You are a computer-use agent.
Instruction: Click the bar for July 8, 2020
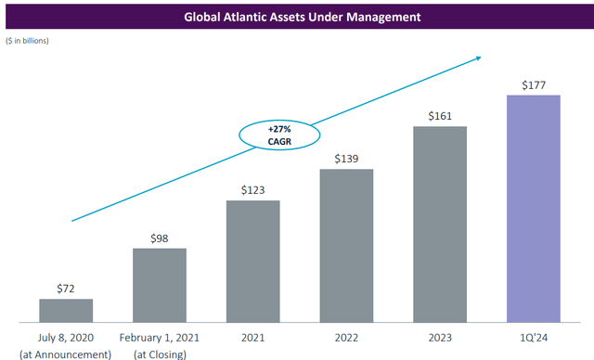66,311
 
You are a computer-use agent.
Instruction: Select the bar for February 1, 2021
159,286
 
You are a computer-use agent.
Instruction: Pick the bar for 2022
346,247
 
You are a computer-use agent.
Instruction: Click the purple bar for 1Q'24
534,209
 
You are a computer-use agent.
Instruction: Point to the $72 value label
66,288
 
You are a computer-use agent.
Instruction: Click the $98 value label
159,238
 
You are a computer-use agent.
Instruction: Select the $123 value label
252,189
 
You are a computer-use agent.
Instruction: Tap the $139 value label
346,159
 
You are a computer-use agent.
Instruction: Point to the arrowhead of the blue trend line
478,58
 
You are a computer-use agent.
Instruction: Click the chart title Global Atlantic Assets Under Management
297,16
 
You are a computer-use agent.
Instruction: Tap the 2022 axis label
346,338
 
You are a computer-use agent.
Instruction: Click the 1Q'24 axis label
534,338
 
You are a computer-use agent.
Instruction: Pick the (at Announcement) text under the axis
66,353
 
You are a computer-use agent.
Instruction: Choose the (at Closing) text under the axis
159,353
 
